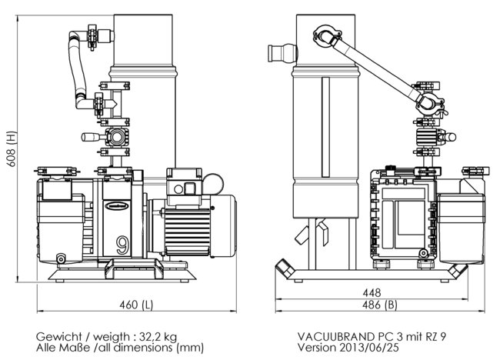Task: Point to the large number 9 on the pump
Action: (x=122, y=245)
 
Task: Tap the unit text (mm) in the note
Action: (x=191, y=348)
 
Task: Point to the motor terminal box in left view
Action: (x=184, y=185)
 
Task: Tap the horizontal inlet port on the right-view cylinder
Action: (x=278, y=54)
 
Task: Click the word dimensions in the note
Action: (x=155, y=348)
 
